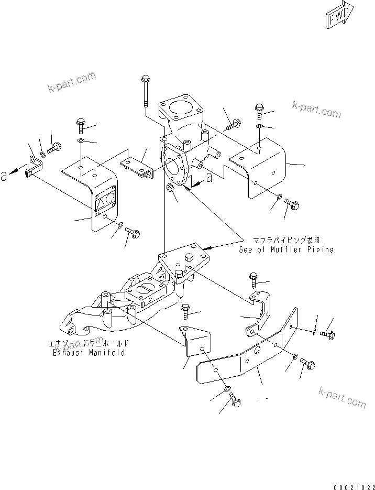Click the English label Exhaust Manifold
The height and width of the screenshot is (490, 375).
tap(89, 353)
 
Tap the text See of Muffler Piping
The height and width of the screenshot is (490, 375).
tap(286, 249)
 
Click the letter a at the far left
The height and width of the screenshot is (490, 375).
tap(4, 177)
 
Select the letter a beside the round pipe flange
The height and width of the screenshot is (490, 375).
tap(209, 178)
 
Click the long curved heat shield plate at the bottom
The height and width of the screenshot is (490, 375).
tap(246, 356)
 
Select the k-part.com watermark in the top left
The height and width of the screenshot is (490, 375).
tap(71, 82)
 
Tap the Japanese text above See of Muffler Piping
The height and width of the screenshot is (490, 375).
tap(286, 241)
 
